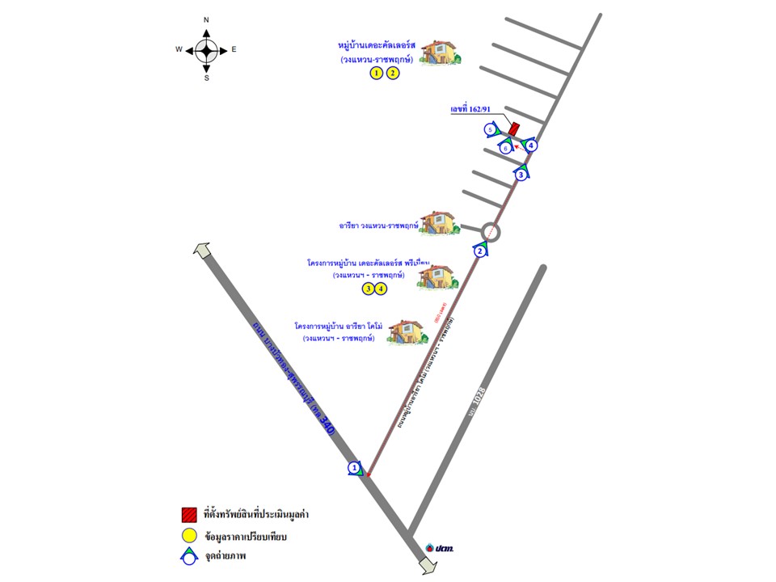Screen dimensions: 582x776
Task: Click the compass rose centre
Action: point(206,49)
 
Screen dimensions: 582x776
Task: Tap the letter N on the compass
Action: point(206,19)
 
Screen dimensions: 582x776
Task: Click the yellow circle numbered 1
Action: point(376,74)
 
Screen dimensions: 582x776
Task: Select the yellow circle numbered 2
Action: point(393,74)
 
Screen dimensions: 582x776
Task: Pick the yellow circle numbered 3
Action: point(369,289)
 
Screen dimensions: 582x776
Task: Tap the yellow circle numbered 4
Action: point(382,289)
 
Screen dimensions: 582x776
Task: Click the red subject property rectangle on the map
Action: point(514,129)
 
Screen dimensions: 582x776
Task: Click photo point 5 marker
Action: point(490,129)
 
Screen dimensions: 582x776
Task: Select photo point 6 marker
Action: point(505,148)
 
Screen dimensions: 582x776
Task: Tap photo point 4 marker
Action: point(531,145)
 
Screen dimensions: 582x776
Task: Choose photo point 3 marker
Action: point(522,174)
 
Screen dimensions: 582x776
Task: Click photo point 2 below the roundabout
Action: point(481,251)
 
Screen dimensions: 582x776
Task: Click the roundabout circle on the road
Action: point(492,232)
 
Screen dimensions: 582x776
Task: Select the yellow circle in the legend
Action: point(189,534)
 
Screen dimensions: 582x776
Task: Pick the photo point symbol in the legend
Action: point(189,556)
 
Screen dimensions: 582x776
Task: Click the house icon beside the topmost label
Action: point(441,53)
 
